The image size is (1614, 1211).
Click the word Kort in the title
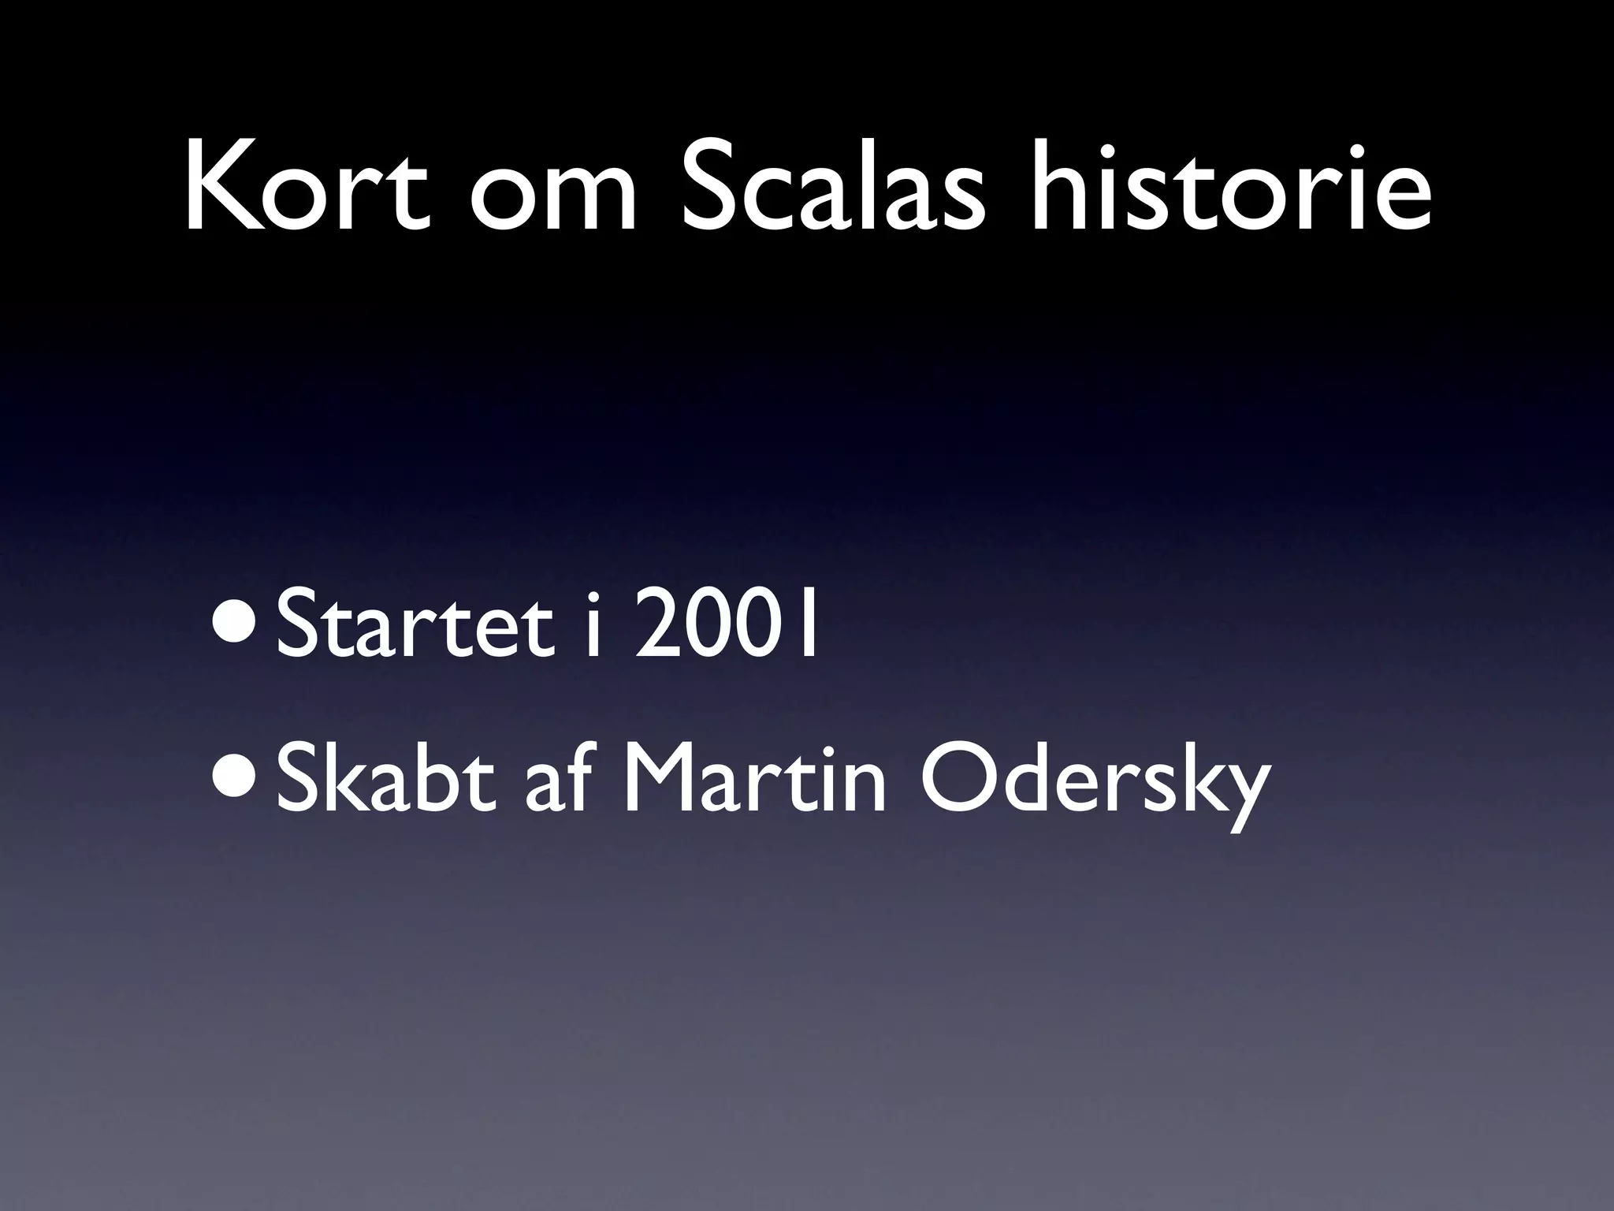tap(307, 186)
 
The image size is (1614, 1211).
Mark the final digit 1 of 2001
tap(806, 619)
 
